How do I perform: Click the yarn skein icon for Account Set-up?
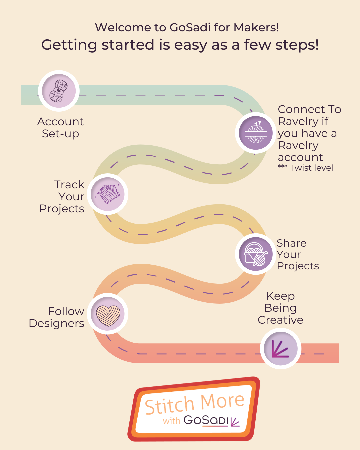[59, 91]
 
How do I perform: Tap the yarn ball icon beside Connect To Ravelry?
[256, 133]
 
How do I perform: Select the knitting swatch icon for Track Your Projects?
[108, 194]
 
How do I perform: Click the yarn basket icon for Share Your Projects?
[256, 254]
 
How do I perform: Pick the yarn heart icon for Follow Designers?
[108, 314]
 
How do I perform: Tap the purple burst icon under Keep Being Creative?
[281, 348]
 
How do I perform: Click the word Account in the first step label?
[60, 122]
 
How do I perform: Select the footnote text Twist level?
[311, 168]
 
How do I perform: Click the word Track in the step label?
[69, 184]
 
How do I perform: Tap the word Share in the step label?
[291, 243]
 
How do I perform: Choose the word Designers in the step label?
[57, 323]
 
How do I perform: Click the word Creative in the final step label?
[280, 320]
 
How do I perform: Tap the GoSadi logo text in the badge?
[206, 420]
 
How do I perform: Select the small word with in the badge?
[171, 421]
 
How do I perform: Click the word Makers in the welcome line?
[256, 27]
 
